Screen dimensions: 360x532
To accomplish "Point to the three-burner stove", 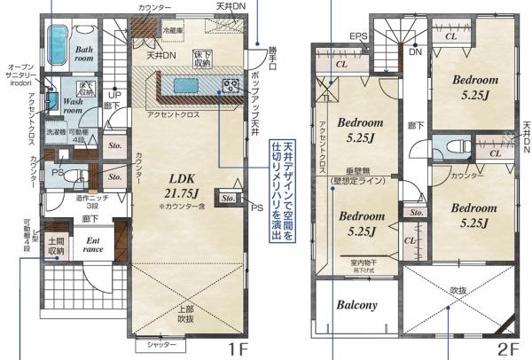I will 231,86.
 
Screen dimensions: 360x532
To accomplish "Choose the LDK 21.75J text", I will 182,187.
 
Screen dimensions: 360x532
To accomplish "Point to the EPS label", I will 357,36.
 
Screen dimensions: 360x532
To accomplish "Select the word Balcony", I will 356,305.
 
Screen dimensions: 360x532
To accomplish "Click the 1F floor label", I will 235,348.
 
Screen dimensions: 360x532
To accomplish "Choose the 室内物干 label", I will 364,262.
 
